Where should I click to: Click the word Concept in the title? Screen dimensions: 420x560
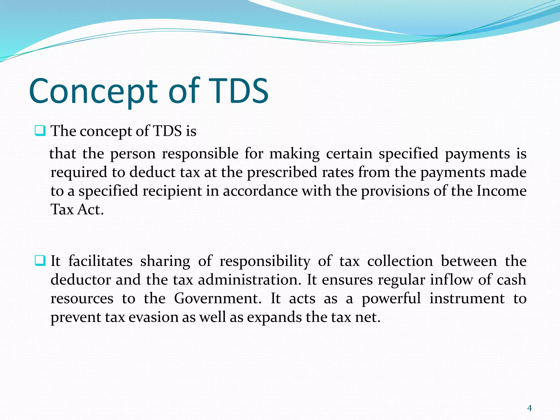click(x=93, y=92)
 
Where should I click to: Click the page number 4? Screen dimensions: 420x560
click(x=529, y=408)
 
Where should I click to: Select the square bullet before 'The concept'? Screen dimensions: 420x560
click(x=40, y=131)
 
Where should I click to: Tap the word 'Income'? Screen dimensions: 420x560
click(x=501, y=191)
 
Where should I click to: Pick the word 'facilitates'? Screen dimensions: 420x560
click(x=100, y=261)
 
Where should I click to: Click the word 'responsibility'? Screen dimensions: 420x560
click(x=265, y=261)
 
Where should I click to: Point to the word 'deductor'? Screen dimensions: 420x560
click(x=81, y=280)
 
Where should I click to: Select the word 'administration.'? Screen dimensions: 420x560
click(x=249, y=280)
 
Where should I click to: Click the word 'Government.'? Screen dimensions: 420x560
click(x=218, y=298)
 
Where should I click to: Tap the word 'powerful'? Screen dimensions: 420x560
click(x=391, y=299)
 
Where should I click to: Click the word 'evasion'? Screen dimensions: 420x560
click(x=153, y=317)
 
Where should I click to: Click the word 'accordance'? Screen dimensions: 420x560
click(x=260, y=191)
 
